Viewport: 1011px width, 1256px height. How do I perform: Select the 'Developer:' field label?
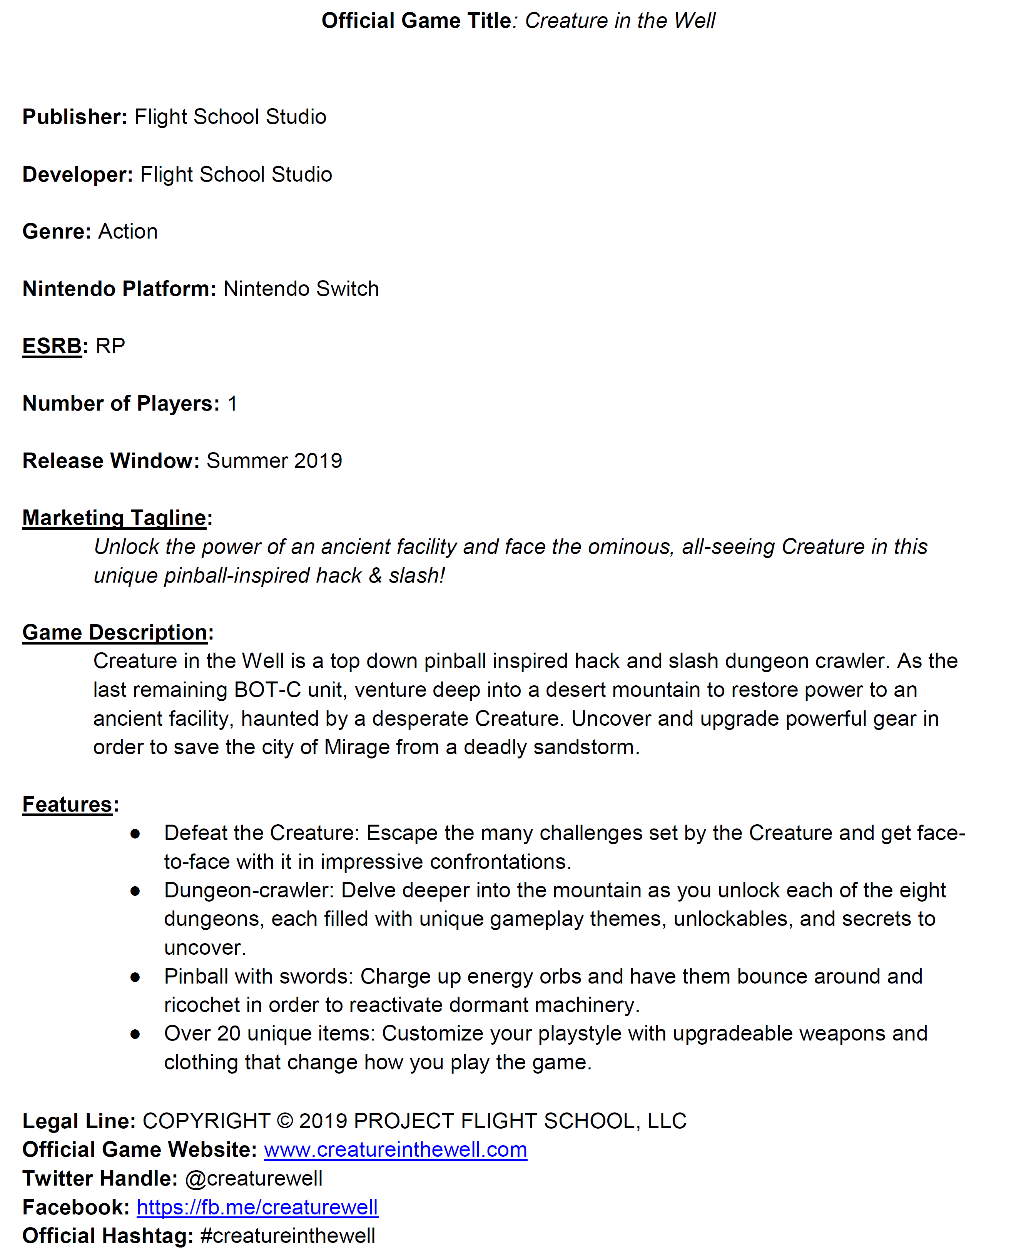[77, 175]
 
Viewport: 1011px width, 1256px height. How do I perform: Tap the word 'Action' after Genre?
[128, 232]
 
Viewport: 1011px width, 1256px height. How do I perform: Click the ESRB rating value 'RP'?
[110, 346]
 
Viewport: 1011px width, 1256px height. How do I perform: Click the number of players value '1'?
[232, 404]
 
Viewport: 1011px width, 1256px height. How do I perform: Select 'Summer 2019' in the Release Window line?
[274, 461]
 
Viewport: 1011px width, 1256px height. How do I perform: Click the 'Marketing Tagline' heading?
[114, 518]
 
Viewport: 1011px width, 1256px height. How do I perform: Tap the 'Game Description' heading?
[115, 633]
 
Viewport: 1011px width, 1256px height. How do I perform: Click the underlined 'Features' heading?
[67, 805]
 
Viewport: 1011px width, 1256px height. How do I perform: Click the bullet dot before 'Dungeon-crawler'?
[135, 891]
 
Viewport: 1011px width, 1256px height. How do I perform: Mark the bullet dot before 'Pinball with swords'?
[135, 977]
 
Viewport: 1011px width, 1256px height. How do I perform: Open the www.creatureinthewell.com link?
[395, 1150]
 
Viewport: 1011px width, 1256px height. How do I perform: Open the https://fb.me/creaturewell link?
[257, 1207]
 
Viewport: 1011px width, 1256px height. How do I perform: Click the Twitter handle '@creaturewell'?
[254, 1179]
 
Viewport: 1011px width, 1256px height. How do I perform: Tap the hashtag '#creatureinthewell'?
[287, 1236]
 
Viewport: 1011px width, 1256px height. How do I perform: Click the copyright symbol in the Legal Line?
[285, 1121]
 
